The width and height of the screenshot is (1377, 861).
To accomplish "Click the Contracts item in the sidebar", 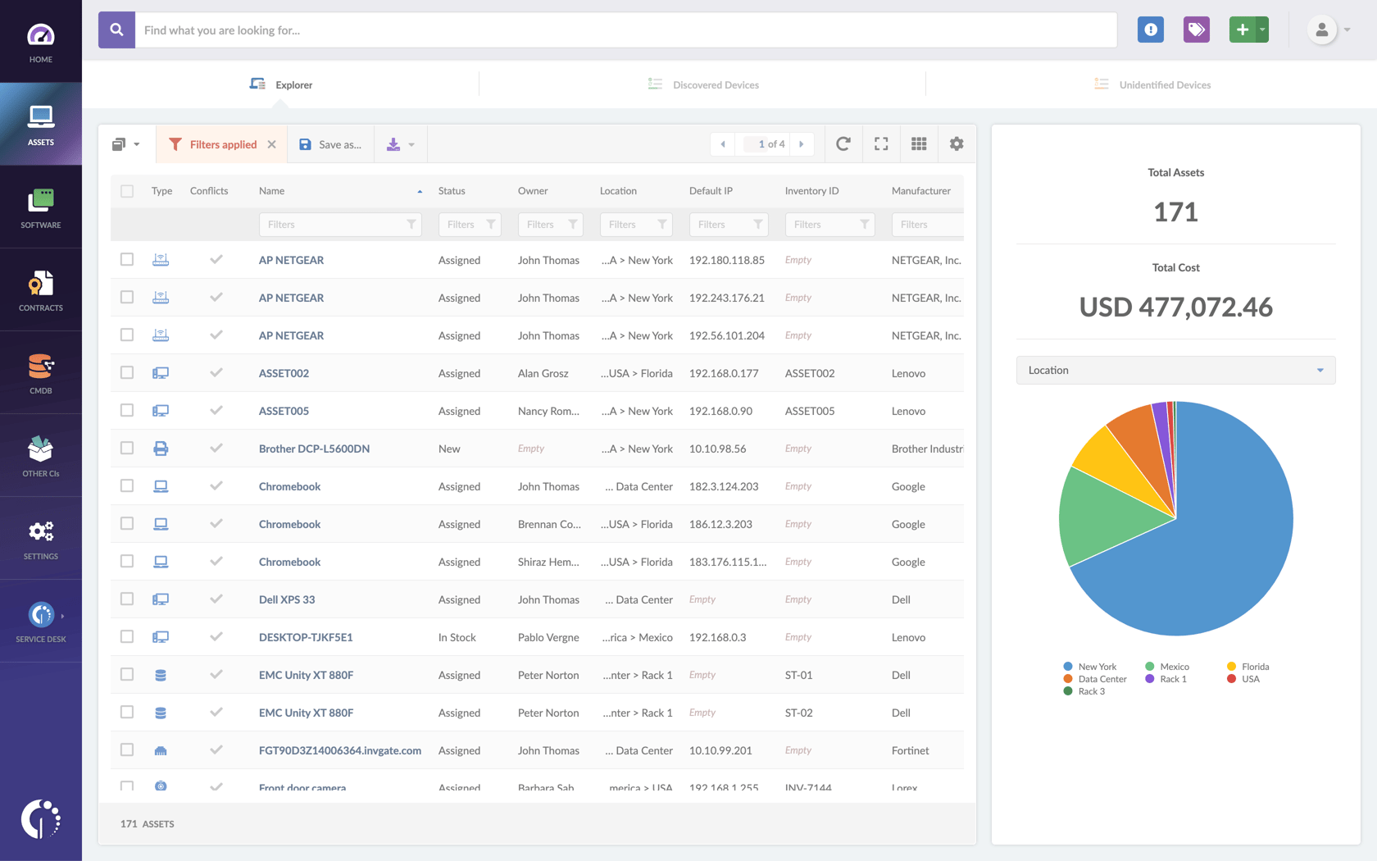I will [x=40, y=290].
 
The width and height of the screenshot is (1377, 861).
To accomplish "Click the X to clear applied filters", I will [x=272, y=144].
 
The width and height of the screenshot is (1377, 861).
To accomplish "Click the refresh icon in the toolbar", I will [x=843, y=144].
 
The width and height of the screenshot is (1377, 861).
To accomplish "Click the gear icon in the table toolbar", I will [x=956, y=144].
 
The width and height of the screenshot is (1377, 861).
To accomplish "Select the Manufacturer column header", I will [x=920, y=191].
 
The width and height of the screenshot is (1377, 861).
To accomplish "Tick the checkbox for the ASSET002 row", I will [x=127, y=373].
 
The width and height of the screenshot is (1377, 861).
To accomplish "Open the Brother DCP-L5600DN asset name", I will [x=314, y=449].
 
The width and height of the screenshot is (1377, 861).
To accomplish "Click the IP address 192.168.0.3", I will [x=717, y=637].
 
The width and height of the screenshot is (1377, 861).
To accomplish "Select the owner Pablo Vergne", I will [x=548, y=637].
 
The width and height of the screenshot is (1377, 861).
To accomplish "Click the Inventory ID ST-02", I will [x=798, y=713].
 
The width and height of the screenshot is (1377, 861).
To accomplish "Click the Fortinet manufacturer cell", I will [x=910, y=750].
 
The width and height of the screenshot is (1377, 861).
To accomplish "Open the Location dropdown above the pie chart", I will [x=1175, y=370].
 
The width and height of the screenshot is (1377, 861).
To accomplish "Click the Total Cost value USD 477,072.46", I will [x=1175, y=307].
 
